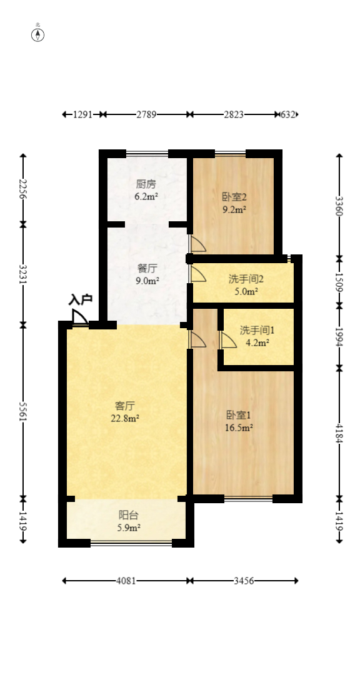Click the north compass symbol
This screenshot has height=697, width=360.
(38, 34)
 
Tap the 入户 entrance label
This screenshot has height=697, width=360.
(81, 299)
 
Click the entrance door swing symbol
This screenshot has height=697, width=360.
(80, 318)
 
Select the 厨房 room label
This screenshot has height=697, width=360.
(146, 184)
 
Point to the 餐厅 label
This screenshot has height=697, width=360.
(147, 269)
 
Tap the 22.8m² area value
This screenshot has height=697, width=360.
(126, 418)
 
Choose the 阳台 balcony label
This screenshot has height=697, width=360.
(129, 515)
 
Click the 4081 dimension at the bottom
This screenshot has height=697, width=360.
(126, 581)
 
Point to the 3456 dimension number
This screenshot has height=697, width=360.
(244, 581)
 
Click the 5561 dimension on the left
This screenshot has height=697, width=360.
(23, 412)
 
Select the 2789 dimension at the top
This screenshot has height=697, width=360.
(147, 114)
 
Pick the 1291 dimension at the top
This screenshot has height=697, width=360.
(82, 114)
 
